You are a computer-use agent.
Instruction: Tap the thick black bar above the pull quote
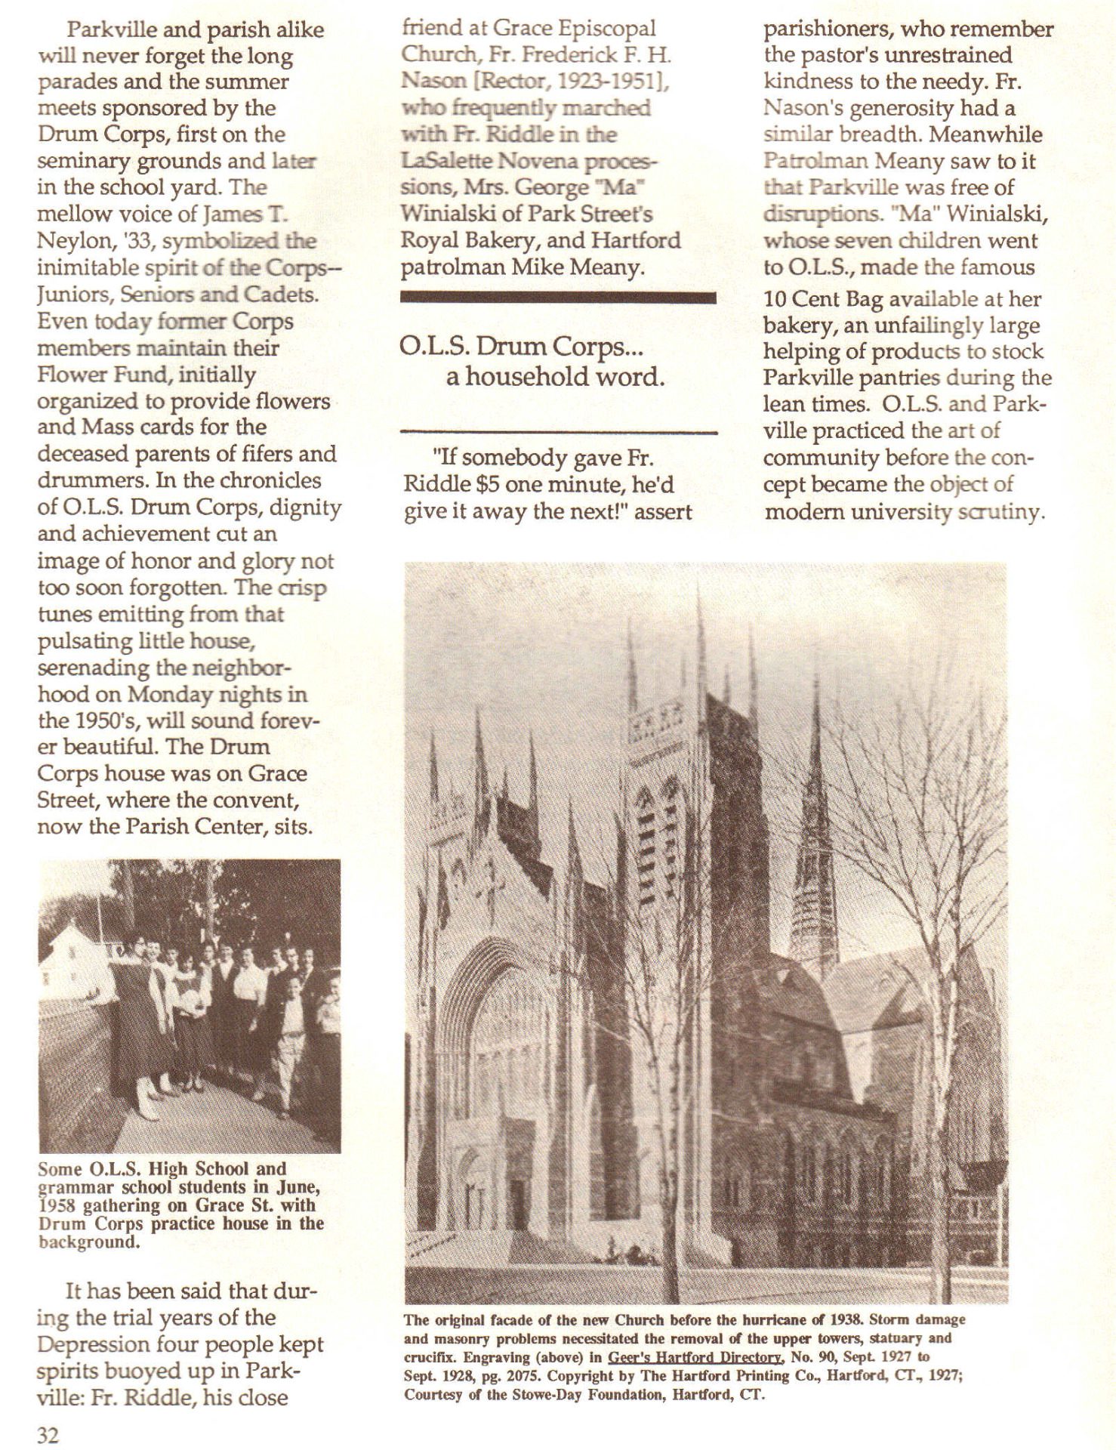pos(558,298)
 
